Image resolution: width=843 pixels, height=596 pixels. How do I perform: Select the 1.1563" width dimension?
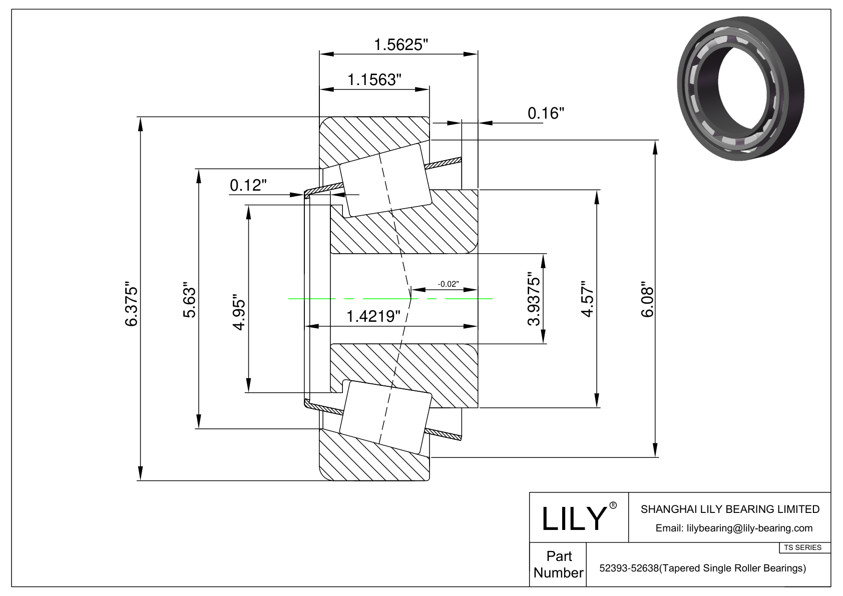[x=373, y=80]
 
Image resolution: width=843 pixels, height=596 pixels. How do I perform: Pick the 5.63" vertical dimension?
[x=189, y=300]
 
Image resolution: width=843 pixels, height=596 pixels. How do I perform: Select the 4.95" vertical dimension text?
[x=239, y=315]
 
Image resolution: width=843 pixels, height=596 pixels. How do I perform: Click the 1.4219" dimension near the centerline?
[x=373, y=316]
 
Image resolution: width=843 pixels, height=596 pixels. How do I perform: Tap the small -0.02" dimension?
[x=448, y=284]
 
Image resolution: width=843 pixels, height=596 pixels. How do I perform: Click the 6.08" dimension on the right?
[x=647, y=301]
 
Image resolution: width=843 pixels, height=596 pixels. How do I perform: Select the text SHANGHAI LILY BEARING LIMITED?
[x=730, y=509]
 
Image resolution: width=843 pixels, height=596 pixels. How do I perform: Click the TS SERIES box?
[x=802, y=547]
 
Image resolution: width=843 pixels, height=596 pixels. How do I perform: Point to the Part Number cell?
[x=558, y=564]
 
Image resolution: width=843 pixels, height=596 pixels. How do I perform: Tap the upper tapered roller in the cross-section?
[x=385, y=181]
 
